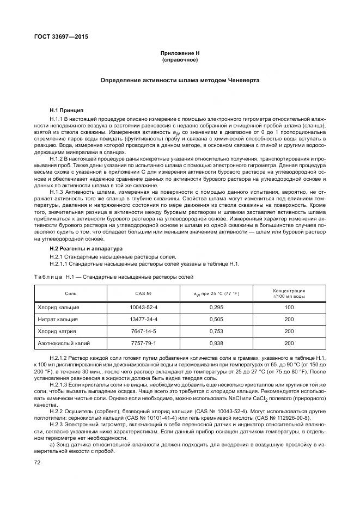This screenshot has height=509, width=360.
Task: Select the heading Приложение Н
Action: [x=180, y=53]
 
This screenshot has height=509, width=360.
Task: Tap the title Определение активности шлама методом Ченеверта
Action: [x=180, y=79]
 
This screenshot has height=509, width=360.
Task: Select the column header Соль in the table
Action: [x=71, y=293]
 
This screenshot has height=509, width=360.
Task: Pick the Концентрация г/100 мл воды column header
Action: [x=289, y=293]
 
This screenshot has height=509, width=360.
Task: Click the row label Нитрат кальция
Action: [x=58, y=319]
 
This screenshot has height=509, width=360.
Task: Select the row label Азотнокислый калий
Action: [x=64, y=343]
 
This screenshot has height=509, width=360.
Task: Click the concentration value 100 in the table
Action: [x=289, y=307]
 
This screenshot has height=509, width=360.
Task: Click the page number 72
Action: [x=38, y=462]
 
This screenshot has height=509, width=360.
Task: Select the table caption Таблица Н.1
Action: [x=114, y=277]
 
